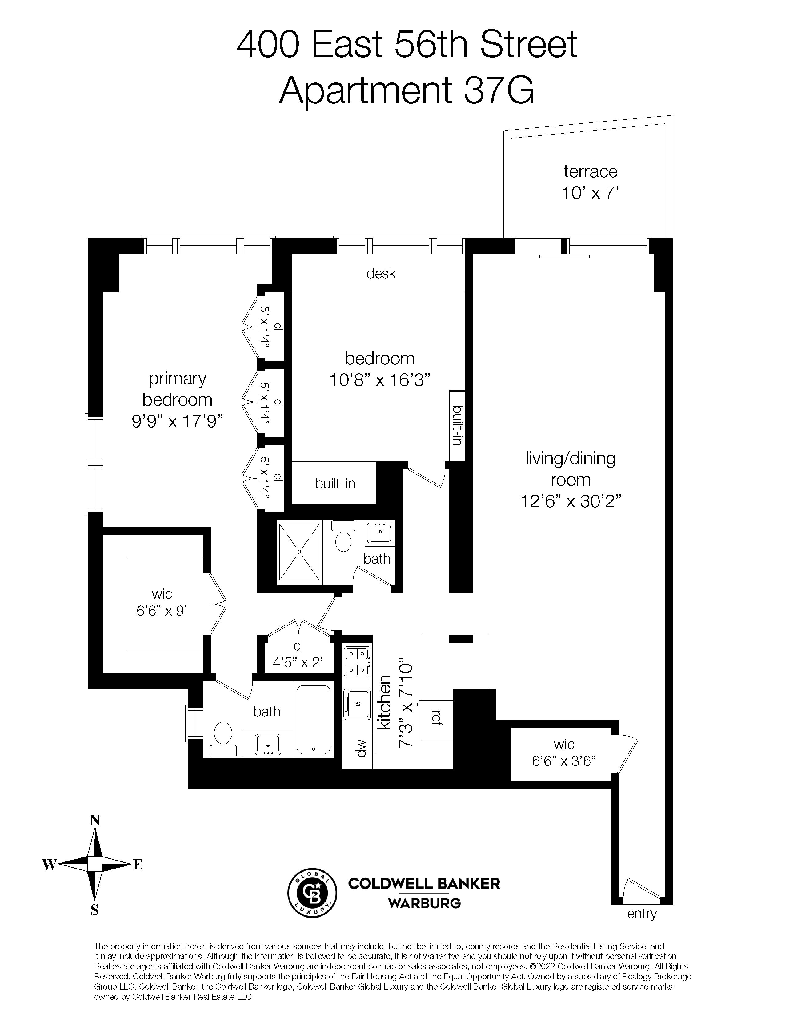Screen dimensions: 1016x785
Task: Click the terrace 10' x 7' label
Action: click(x=590, y=182)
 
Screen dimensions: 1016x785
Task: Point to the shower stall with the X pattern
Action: click(x=299, y=552)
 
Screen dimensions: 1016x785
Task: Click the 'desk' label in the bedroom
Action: click(x=381, y=274)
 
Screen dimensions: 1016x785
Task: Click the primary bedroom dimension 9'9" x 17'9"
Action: click(x=177, y=421)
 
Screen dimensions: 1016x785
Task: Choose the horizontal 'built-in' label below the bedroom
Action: click(x=335, y=483)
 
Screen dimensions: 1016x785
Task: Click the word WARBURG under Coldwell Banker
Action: click(x=424, y=903)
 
